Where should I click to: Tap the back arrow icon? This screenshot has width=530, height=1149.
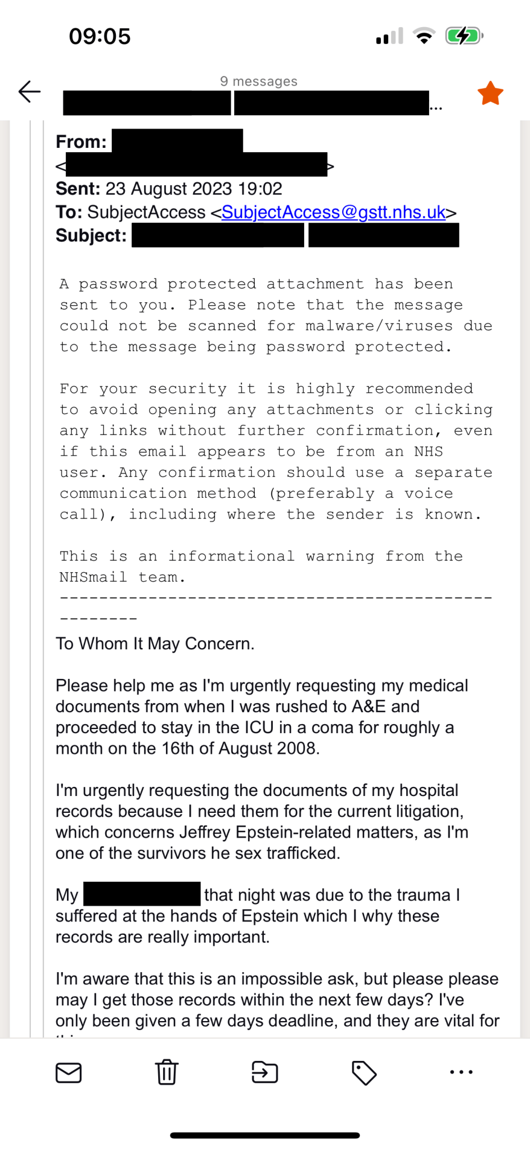(x=29, y=92)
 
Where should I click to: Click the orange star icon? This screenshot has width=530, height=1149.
(x=490, y=94)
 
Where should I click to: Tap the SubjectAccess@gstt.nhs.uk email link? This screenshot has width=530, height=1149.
(x=333, y=212)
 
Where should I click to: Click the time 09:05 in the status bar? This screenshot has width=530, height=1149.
(x=100, y=36)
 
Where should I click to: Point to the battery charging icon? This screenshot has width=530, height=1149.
(x=463, y=36)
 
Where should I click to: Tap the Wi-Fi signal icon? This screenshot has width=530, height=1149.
(x=424, y=36)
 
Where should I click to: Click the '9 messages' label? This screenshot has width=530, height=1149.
(x=258, y=81)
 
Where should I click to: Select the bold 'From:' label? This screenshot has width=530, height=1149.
(x=81, y=142)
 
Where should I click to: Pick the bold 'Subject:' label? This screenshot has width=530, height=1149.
(x=91, y=235)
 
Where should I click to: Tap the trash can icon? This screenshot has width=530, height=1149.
(x=167, y=1072)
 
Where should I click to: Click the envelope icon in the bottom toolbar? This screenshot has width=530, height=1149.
(x=68, y=1072)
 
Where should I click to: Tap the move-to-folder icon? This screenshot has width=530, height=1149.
(x=264, y=1072)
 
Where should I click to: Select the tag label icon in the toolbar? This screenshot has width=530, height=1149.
(x=364, y=1072)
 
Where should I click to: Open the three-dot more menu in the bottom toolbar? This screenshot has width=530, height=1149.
(x=462, y=1072)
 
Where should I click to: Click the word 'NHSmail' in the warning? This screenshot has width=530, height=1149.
(x=93, y=578)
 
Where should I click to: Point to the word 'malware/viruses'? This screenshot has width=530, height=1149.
(x=379, y=326)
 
